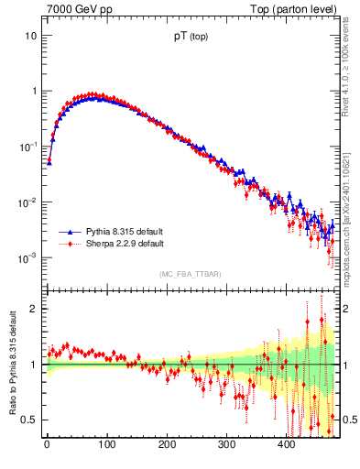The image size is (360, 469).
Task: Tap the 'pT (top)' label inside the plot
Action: click(191, 39)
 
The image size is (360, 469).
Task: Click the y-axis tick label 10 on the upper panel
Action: click(29, 36)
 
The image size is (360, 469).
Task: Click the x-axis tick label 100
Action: click(106, 445)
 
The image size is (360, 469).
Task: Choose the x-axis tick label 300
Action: click(226, 445)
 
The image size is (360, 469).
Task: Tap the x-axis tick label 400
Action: click(286, 445)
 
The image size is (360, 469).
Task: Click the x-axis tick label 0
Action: click(47, 445)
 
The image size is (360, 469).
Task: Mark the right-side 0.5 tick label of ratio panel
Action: click(347, 420)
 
